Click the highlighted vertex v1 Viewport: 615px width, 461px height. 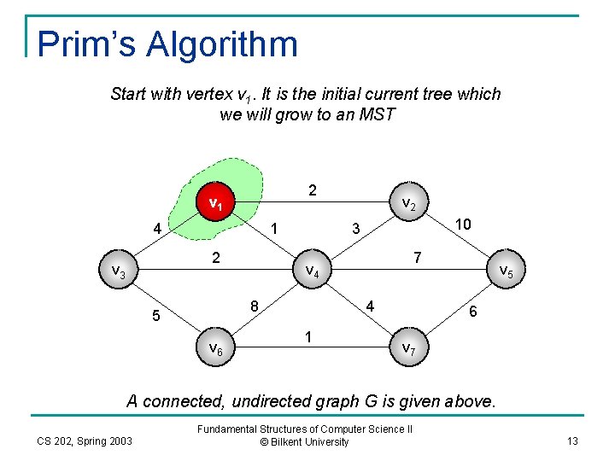216,204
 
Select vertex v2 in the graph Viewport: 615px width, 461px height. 409,204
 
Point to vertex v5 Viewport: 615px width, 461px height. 506,271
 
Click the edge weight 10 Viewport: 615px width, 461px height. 463,223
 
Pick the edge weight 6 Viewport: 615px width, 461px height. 473,313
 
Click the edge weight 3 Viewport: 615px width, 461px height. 357,229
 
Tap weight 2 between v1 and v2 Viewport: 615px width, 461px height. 313,190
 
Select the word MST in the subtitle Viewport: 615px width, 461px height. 378,114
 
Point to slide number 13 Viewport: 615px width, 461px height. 571,441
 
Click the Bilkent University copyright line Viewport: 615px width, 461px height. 305,442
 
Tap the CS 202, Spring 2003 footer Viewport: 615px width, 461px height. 85,441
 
